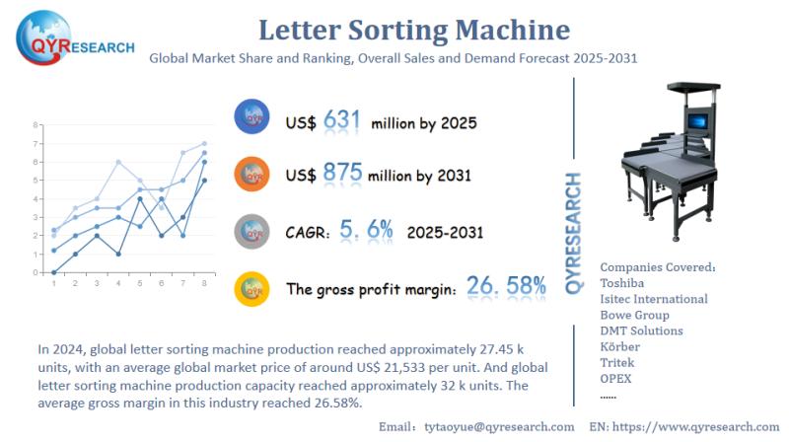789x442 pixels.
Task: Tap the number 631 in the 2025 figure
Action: (x=341, y=121)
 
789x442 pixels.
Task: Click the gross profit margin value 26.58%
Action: (x=505, y=287)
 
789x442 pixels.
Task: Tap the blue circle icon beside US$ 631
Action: (x=252, y=117)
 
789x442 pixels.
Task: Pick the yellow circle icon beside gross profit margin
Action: (x=252, y=288)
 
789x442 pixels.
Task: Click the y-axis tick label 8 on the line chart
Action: (x=35, y=125)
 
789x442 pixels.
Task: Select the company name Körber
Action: (x=620, y=346)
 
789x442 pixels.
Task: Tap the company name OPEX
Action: (x=616, y=378)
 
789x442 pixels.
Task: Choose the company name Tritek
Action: (x=619, y=362)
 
